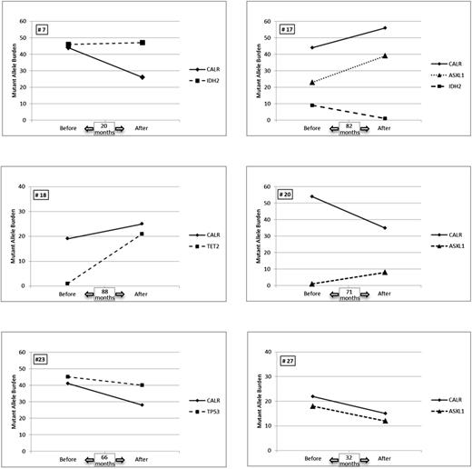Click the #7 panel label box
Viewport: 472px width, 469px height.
coord(42,30)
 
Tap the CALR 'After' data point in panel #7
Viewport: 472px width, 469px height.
coord(143,77)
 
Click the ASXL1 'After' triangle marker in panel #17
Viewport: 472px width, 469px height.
coord(385,55)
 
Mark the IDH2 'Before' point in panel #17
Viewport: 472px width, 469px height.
coord(312,105)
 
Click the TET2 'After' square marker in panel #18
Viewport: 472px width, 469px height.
coord(143,234)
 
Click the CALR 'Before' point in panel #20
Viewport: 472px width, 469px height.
coord(312,196)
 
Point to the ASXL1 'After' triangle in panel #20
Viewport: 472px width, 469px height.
coord(385,272)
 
